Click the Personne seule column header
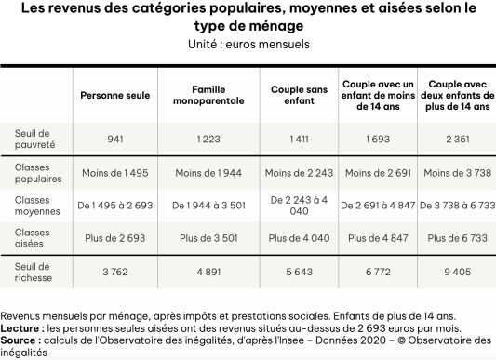pyautogui.click(x=115, y=95)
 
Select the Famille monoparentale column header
pyautogui.click(x=208, y=95)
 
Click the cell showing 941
pyautogui.click(x=115, y=139)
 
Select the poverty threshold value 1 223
pyautogui.click(x=208, y=139)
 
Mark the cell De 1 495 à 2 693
pyautogui.click(x=115, y=205)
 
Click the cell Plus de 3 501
pyautogui.click(x=208, y=238)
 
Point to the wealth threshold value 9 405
pyautogui.click(x=455, y=272)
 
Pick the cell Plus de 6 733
pyautogui.click(x=455, y=238)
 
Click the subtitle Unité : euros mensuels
pyautogui.click(x=248, y=44)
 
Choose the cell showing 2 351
pyautogui.click(x=455, y=139)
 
